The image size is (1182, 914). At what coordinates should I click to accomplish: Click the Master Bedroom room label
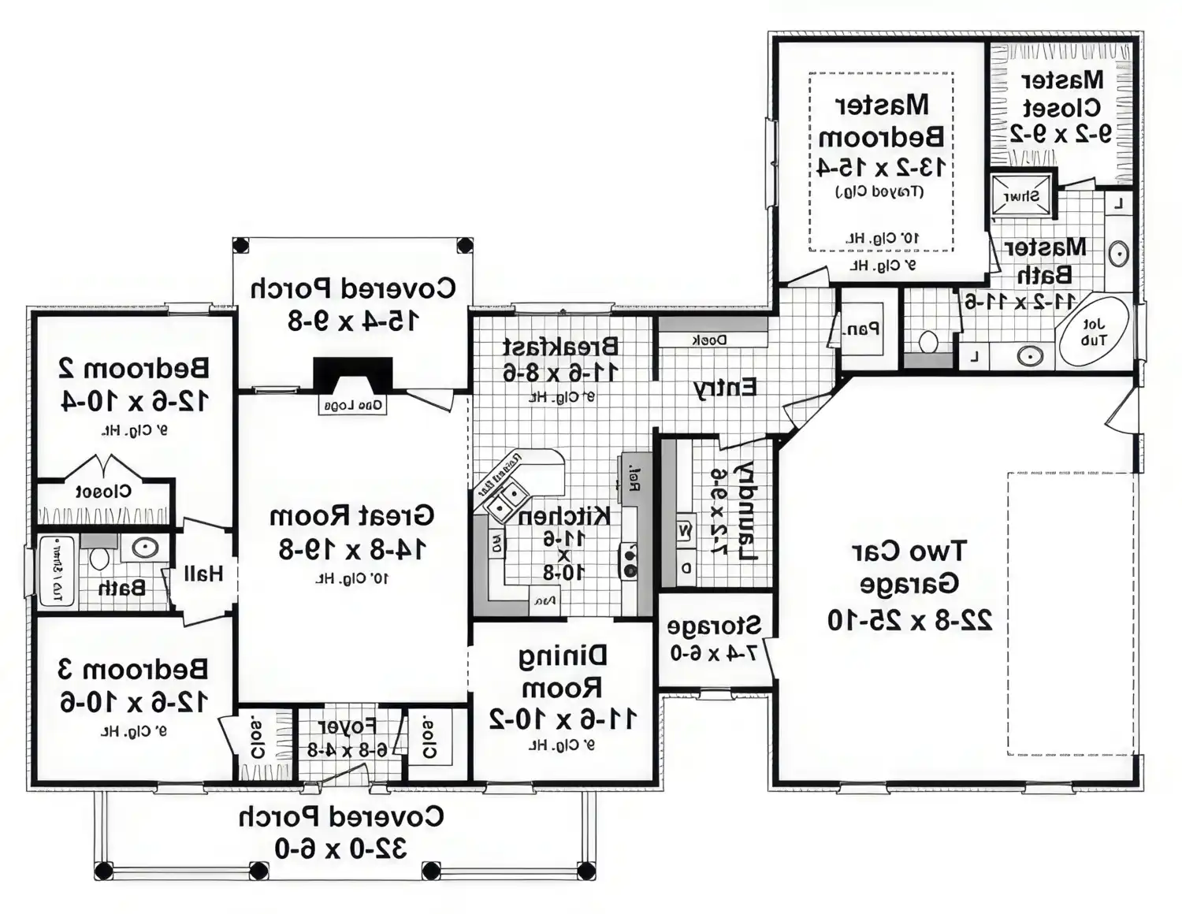pos(881,121)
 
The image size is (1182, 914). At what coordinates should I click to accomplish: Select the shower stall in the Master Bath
pos(1022,195)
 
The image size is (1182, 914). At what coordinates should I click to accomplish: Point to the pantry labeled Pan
pos(861,329)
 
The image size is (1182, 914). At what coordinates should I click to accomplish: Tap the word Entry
pos(724,388)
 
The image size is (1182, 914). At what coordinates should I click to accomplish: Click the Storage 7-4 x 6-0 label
pos(714,639)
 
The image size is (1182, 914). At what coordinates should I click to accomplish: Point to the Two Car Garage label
pos(909,567)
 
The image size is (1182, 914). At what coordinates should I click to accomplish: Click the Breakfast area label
pos(560,347)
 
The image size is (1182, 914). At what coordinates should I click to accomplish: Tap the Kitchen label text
pos(563,516)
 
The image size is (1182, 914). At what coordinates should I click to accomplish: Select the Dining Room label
pos(563,671)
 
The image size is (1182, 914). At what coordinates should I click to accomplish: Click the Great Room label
pos(351,516)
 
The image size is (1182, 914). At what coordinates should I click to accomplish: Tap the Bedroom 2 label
pos(134,368)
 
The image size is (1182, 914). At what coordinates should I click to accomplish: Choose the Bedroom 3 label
pos(133,669)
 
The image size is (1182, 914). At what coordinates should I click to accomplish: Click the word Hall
pos(203,574)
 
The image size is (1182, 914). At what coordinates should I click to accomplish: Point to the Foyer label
pos(347,726)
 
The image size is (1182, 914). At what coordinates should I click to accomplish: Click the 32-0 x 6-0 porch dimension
pos(340,849)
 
